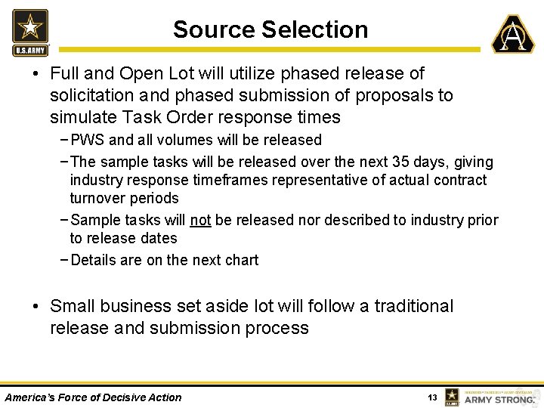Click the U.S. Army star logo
(30, 32)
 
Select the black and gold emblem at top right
(513, 34)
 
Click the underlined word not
(200, 220)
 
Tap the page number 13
(432, 397)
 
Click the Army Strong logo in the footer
(491, 397)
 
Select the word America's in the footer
(30, 397)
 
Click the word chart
(241, 260)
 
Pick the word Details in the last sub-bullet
(93, 260)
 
